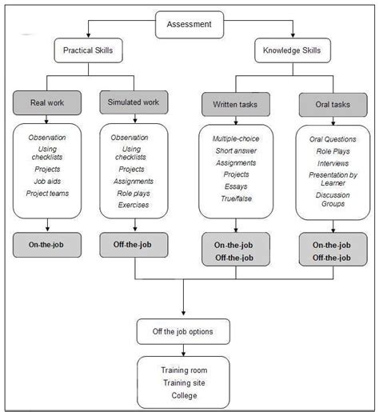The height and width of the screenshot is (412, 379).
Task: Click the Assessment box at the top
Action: (x=189, y=23)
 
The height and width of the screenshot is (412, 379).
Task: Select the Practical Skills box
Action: (x=88, y=52)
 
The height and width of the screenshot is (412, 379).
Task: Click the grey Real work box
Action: (x=47, y=102)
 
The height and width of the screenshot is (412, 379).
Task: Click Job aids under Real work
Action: (x=47, y=181)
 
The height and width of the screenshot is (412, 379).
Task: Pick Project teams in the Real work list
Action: (x=47, y=192)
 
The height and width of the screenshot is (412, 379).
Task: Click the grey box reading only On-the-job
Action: (x=47, y=243)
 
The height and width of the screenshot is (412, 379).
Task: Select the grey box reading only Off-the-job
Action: (x=134, y=243)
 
